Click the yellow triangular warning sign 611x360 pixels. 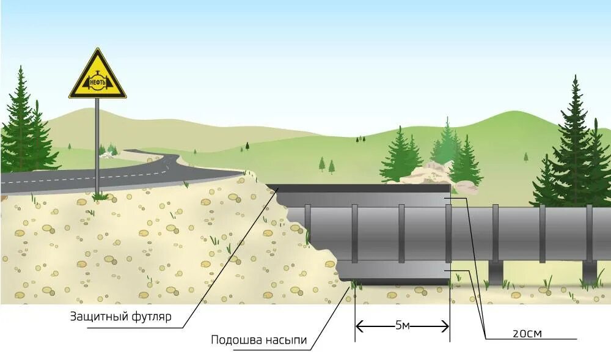tap(97, 77)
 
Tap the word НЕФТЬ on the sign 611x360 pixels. tap(97, 82)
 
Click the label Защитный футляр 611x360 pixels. tap(121, 317)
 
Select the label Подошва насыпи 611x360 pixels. tap(259, 340)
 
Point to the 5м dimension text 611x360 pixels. tap(402, 326)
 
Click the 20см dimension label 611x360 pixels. tap(527, 333)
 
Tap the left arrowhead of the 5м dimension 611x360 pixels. tap(359, 326)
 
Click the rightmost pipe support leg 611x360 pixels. tap(589, 272)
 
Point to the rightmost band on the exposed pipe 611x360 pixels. tap(589, 233)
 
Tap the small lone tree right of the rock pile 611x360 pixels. tap(526, 157)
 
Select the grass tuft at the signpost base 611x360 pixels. tap(98, 196)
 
